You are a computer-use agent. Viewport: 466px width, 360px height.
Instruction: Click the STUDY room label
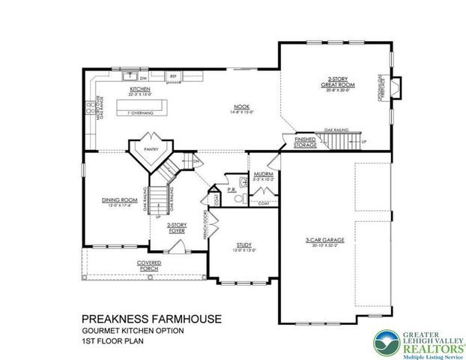pos(243,244)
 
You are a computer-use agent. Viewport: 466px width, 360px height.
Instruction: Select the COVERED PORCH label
pos(149,265)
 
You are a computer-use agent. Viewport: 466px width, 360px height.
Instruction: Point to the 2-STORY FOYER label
pos(176,226)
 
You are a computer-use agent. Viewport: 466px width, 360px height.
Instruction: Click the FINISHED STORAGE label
pos(306,142)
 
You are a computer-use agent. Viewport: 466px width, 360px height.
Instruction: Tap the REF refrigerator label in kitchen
pos(172,76)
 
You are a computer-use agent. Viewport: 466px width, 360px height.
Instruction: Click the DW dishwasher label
pos(142,76)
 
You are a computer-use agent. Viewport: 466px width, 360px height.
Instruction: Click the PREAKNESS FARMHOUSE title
pos(151,318)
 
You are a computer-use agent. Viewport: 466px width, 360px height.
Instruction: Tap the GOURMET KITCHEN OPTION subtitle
pos(132,331)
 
